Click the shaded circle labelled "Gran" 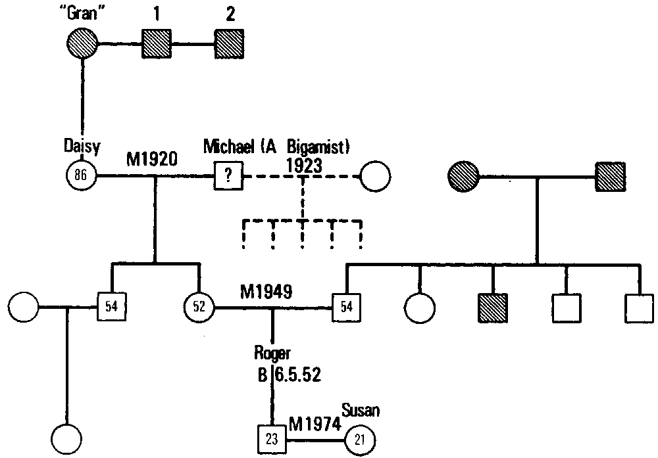82,46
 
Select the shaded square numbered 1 157,46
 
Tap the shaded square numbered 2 230,46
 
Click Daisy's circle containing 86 82,176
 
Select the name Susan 361,411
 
